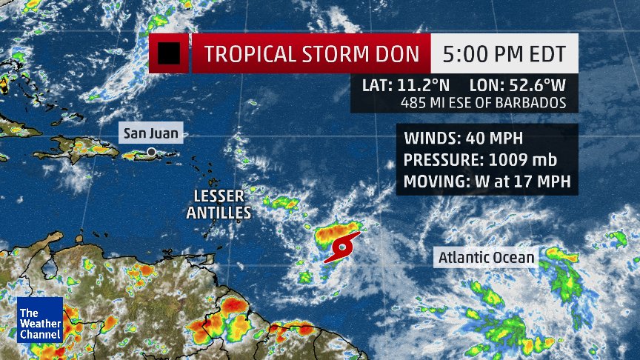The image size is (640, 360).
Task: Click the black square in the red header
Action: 169,53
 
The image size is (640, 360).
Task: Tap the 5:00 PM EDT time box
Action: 504,54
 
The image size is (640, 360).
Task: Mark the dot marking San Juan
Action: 151,152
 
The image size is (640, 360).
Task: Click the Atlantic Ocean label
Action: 486,257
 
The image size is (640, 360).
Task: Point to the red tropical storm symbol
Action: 342,247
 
